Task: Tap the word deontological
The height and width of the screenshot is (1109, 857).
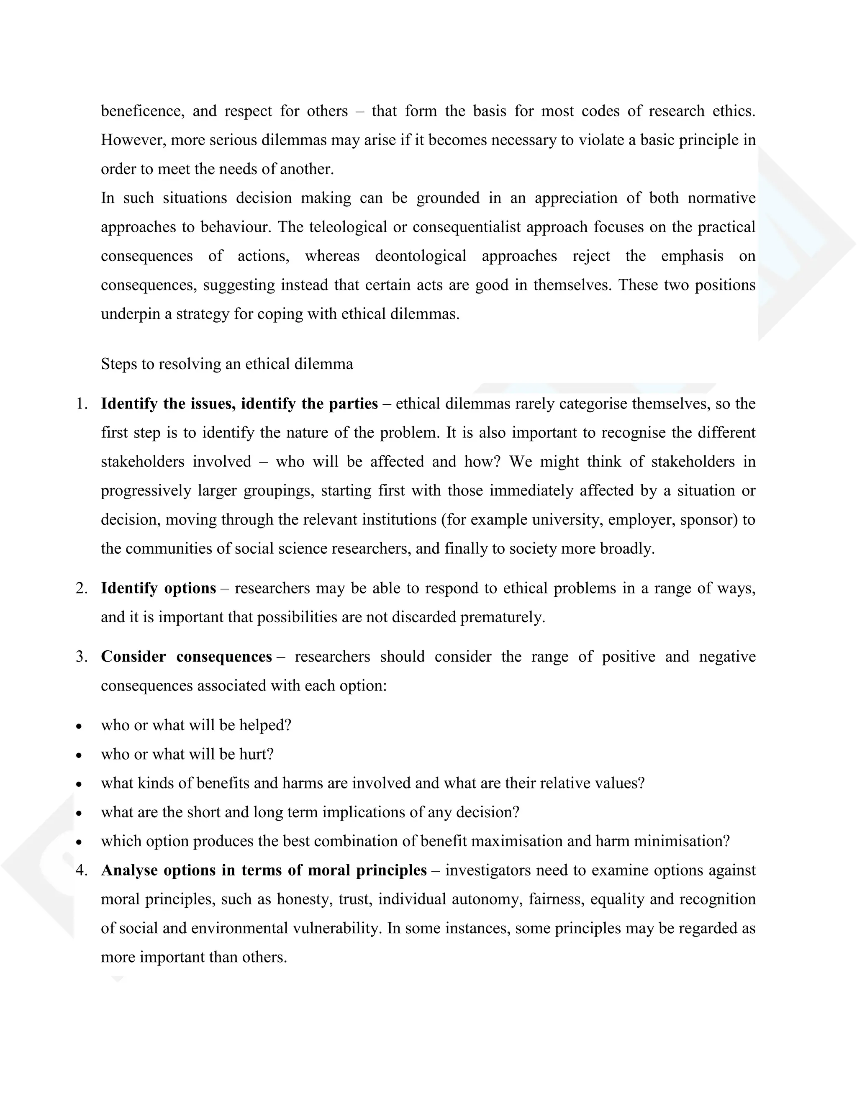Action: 421,256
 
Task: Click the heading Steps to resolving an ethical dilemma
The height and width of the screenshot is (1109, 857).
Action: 226,364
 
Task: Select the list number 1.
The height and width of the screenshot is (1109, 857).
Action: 81,404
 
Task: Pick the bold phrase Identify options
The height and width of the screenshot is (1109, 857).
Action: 159,588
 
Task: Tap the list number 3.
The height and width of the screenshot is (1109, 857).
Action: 81,657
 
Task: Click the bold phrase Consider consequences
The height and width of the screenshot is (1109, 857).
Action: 186,657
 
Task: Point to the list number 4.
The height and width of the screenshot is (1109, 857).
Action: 81,870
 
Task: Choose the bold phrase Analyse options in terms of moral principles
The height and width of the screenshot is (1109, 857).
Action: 264,870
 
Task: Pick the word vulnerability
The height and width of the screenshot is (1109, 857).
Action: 336,928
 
